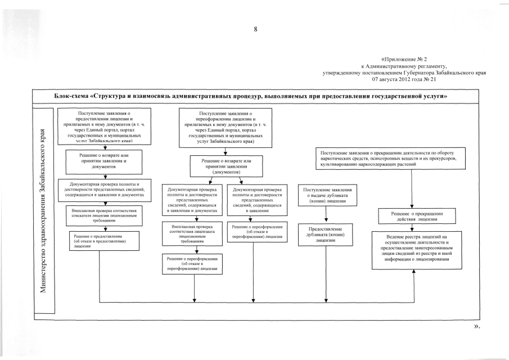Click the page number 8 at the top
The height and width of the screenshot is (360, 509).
tap(255, 29)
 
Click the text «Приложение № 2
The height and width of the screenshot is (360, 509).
tap(404, 58)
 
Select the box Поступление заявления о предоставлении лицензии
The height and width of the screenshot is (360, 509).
tap(105, 128)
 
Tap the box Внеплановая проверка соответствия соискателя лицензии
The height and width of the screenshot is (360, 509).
tap(105, 216)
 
